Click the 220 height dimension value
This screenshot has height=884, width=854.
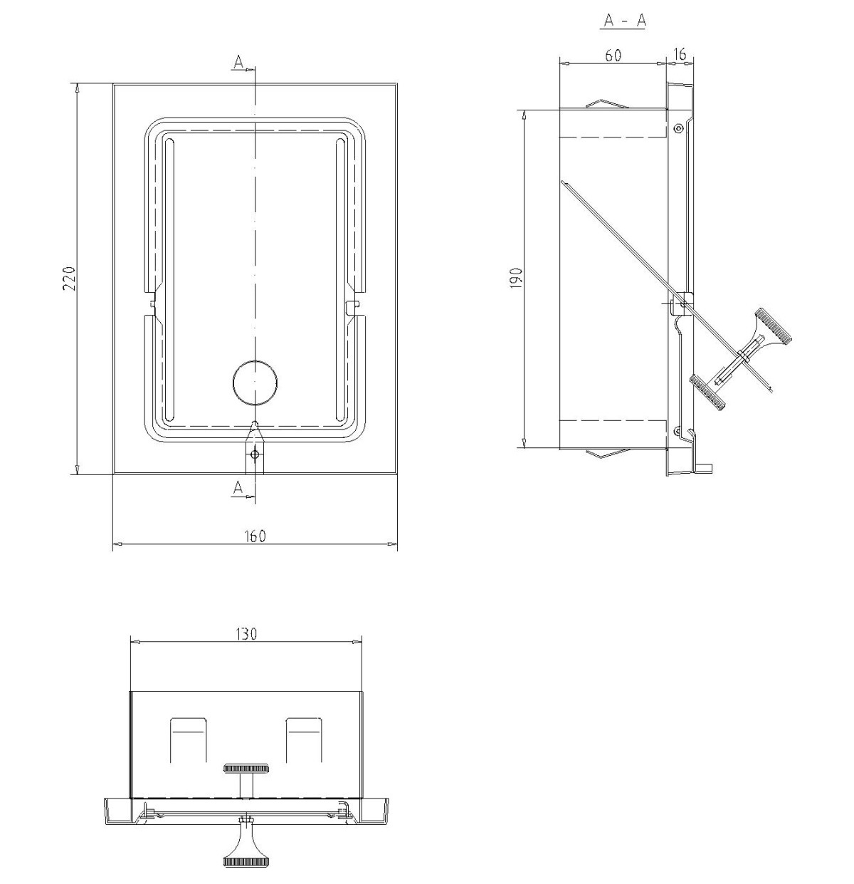point(70,279)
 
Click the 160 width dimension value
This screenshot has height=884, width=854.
point(255,536)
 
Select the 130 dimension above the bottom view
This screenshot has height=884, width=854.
point(246,634)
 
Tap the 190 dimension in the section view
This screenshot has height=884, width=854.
point(517,278)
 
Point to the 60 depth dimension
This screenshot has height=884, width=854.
point(613,56)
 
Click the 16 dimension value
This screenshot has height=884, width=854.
point(680,54)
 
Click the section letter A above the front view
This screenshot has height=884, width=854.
point(238,62)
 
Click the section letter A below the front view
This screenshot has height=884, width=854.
point(238,488)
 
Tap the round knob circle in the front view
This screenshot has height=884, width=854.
point(255,383)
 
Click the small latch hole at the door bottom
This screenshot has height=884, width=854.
point(255,453)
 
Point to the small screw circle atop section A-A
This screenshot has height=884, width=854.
point(678,128)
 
